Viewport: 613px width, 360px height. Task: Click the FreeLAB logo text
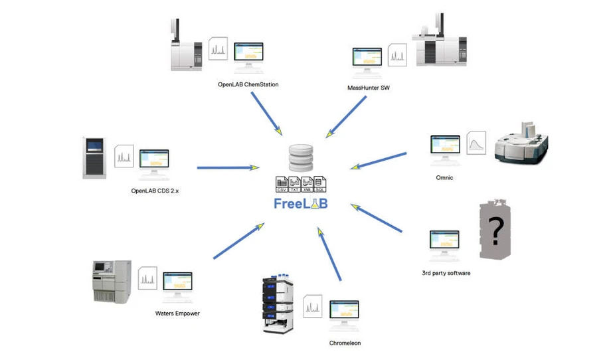pyautogui.click(x=300, y=204)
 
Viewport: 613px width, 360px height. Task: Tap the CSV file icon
pyautogui.click(x=281, y=185)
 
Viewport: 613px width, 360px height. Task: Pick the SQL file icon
pyautogui.click(x=319, y=185)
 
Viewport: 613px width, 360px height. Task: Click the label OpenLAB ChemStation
pyautogui.click(x=248, y=84)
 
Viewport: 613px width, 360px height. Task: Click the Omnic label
pyautogui.click(x=444, y=177)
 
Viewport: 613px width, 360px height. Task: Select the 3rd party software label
pyautogui.click(x=446, y=273)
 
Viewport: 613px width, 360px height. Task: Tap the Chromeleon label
pyautogui.click(x=345, y=343)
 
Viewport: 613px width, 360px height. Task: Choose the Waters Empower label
pyautogui.click(x=177, y=313)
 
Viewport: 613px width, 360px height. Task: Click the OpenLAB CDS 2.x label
pyautogui.click(x=155, y=191)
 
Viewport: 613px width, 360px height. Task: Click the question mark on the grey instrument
pyautogui.click(x=495, y=230)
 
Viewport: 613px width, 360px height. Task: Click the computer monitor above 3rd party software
pyautogui.click(x=444, y=243)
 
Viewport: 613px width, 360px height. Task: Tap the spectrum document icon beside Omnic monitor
pyautogui.click(x=476, y=143)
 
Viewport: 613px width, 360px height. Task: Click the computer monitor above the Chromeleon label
pyautogui.click(x=344, y=314)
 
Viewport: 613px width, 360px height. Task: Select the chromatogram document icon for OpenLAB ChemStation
pyautogui.click(x=218, y=48)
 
